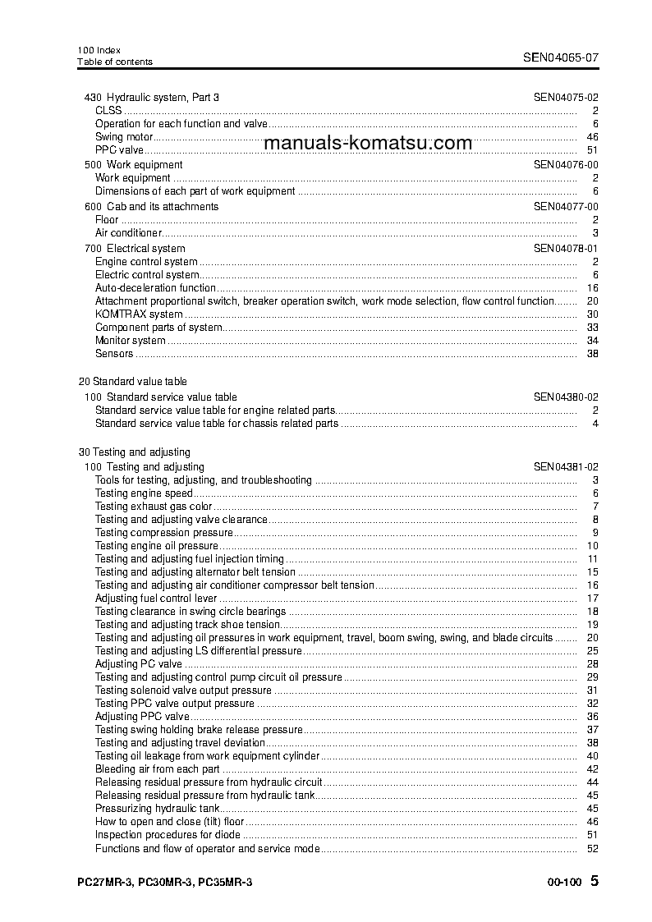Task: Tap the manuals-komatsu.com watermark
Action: (x=368, y=143)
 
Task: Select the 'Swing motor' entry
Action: (x=124, y=137)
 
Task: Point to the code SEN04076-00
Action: (x=566, y=165)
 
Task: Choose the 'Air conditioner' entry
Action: (x=128, y=233)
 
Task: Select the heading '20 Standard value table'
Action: (x=132, y=382)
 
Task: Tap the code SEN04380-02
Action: (x=566, y=397)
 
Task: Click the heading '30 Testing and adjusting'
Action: (x=134, y=452)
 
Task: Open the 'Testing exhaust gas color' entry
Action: (x=154, y=507)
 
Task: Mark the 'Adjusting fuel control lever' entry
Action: (x=152, y=599)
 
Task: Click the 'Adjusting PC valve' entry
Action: (x=138, y=664)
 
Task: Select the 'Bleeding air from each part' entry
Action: (x=157, y=769)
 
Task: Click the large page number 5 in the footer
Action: (x=595, y=882)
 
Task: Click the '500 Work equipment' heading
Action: (x=133, y=165)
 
